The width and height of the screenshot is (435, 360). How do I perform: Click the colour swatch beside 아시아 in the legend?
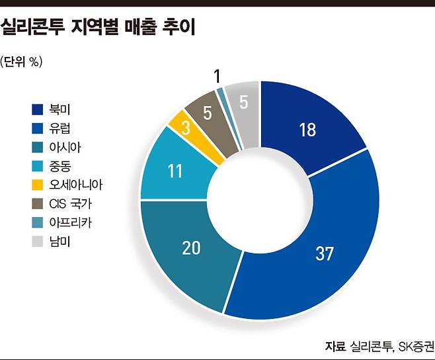(37, 147)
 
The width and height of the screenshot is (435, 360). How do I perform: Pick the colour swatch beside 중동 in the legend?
(37, 166)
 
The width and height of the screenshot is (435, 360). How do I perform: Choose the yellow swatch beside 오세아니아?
(37, 185)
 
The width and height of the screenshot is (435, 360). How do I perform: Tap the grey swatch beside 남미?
(37, 242)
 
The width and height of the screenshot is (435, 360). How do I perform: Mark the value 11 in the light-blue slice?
(174, 171)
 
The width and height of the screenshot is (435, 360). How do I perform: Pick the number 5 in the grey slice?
(243, 102)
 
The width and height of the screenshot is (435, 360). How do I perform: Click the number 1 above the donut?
(217, 77)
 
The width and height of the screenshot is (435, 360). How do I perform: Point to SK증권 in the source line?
(415, 346)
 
